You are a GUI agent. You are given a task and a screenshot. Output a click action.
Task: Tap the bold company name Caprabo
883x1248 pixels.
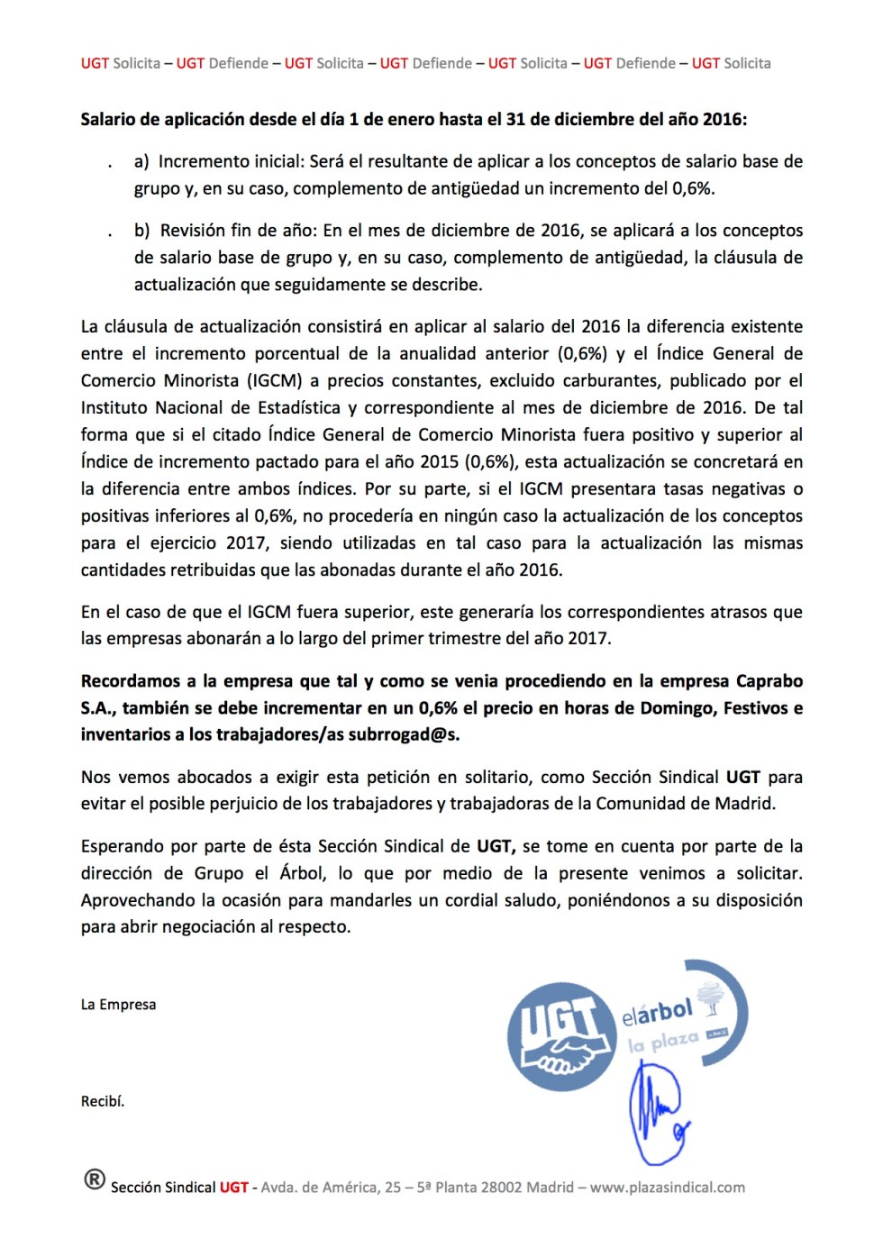[x=769, y=681]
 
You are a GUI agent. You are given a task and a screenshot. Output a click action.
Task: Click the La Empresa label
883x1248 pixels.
[x=118, y=1005]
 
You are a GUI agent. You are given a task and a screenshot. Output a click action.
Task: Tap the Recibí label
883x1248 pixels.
[x=103, y=1101]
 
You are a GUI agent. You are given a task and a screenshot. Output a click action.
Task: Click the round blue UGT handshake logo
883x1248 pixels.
[x=560, y=1036]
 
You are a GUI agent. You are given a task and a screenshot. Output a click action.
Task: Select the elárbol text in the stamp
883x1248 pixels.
[x=658, y=1013]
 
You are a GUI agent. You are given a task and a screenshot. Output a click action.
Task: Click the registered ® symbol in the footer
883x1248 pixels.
[x=95, y=1180]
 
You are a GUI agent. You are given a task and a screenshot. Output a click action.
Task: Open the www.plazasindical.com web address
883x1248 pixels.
[x=668, y=1188]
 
